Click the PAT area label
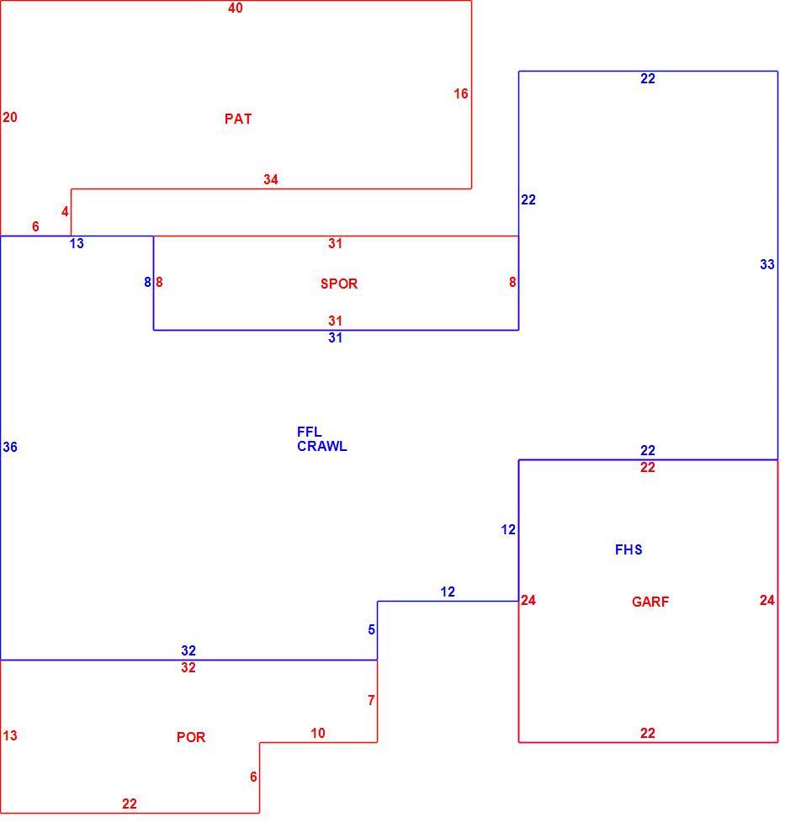click(238, 119)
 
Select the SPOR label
click(339, 284)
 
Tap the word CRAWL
click(322, 446)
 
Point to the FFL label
click(309, 432)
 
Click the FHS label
click(629, 549)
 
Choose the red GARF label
click(650, 602)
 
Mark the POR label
click(191, 737)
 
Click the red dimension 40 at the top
click(236, 8)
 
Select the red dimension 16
click(460, 93)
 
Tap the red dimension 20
click(10, 117)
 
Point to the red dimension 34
click(271, 179)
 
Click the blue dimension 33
click(767, 264)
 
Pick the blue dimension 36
click(10, 447)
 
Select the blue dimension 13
click(77, 243)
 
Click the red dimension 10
click(318, 733)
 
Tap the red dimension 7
click(371, 700)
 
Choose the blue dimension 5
click(371, 629)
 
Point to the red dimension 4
click(65, 211)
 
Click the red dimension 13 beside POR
click(10, 735)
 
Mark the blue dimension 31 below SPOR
click(335, 338)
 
